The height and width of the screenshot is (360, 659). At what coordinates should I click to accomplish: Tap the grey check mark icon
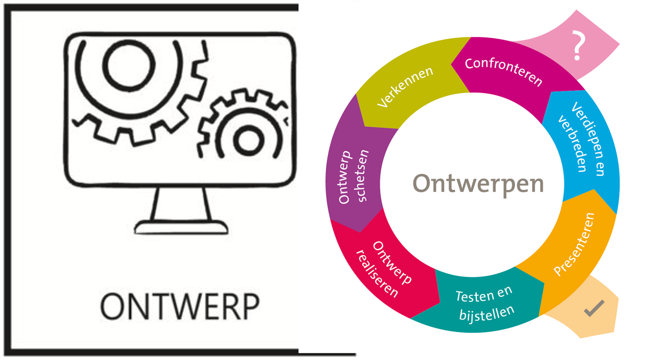[594, 308]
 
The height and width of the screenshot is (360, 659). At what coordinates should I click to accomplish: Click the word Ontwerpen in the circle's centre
[478, 184]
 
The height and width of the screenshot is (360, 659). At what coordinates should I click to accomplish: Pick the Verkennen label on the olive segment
[405, 87]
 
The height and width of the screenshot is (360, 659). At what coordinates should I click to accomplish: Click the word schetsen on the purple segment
[362, 176]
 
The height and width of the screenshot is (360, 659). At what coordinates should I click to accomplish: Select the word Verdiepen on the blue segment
[589, 138]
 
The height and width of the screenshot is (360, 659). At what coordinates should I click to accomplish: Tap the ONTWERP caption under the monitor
[180, 306]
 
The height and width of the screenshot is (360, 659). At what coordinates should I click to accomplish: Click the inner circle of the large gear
[123, 66]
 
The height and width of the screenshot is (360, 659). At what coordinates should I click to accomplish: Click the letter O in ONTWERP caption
[114, 306]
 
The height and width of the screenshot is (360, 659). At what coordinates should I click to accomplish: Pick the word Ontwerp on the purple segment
[345, 178]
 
